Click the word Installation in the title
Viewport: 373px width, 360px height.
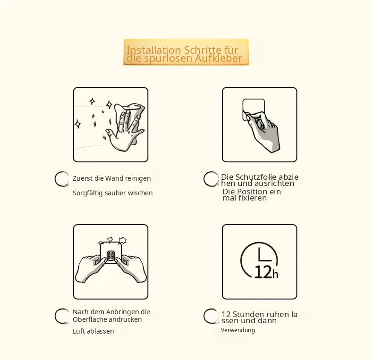tap(153, 50)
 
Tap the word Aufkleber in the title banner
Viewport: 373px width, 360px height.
tap(218, 58)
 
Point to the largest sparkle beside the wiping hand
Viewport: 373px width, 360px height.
tap(109, 104)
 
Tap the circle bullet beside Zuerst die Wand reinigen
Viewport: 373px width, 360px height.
tap(62, 179)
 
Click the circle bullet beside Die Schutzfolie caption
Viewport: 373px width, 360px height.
tap(211, 179)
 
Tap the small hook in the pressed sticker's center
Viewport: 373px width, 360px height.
tap(111, 256)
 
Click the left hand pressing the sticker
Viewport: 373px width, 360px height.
tap(90, 268)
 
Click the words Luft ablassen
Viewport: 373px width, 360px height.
tap(93, 331)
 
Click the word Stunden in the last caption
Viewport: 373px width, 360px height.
tap(246, 314)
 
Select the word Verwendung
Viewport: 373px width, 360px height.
tap(238, 330)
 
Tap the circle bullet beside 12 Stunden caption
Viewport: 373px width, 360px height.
tap(211, 316)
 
